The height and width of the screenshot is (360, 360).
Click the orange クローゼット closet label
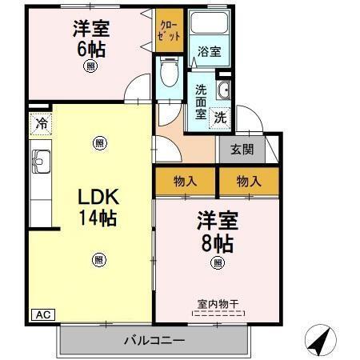point(170,32)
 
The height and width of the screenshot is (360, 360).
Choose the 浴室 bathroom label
point(210,51)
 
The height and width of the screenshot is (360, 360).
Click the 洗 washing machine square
point(220,117)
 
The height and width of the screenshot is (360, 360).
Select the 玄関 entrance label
point(242,149)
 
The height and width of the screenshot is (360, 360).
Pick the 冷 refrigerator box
point(39,126)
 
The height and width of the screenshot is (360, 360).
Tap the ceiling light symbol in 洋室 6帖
point(90,68)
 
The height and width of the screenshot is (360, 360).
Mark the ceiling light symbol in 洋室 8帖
point(216,263)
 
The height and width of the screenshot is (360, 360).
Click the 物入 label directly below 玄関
point(249,182)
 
